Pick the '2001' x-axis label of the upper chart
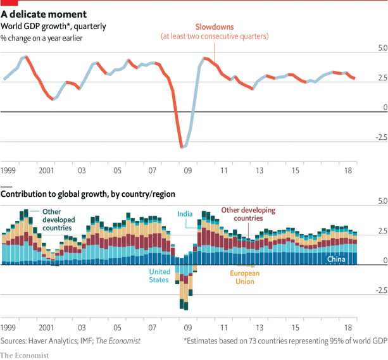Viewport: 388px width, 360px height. pyautogui.click(x=46, y=171)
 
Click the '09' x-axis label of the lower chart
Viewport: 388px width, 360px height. pyautogui.click(x=187, y=328)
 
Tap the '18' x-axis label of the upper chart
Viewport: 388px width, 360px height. pyautogui.click(x=348, y=171)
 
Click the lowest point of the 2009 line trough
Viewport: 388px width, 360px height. pyautogui.click(x=182, y=147)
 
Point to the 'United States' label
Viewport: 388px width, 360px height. pyautogui.click(x=159, y=276)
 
